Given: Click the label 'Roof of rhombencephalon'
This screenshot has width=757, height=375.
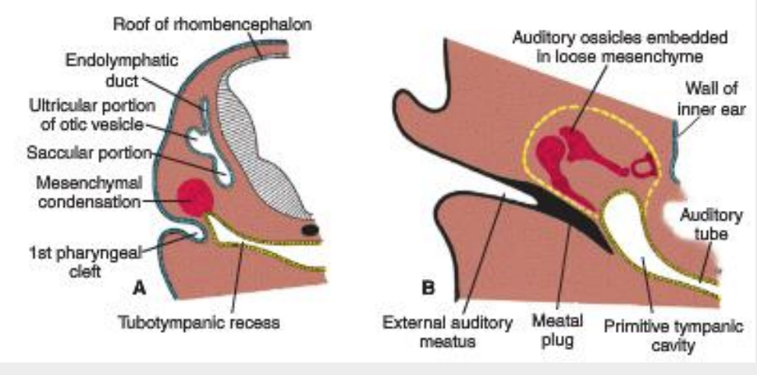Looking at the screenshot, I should (x=212, y=24).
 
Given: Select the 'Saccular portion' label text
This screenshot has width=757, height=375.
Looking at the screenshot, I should (x=88, y=154).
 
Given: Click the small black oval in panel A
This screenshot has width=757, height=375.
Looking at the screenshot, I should (x=310, y=230).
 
